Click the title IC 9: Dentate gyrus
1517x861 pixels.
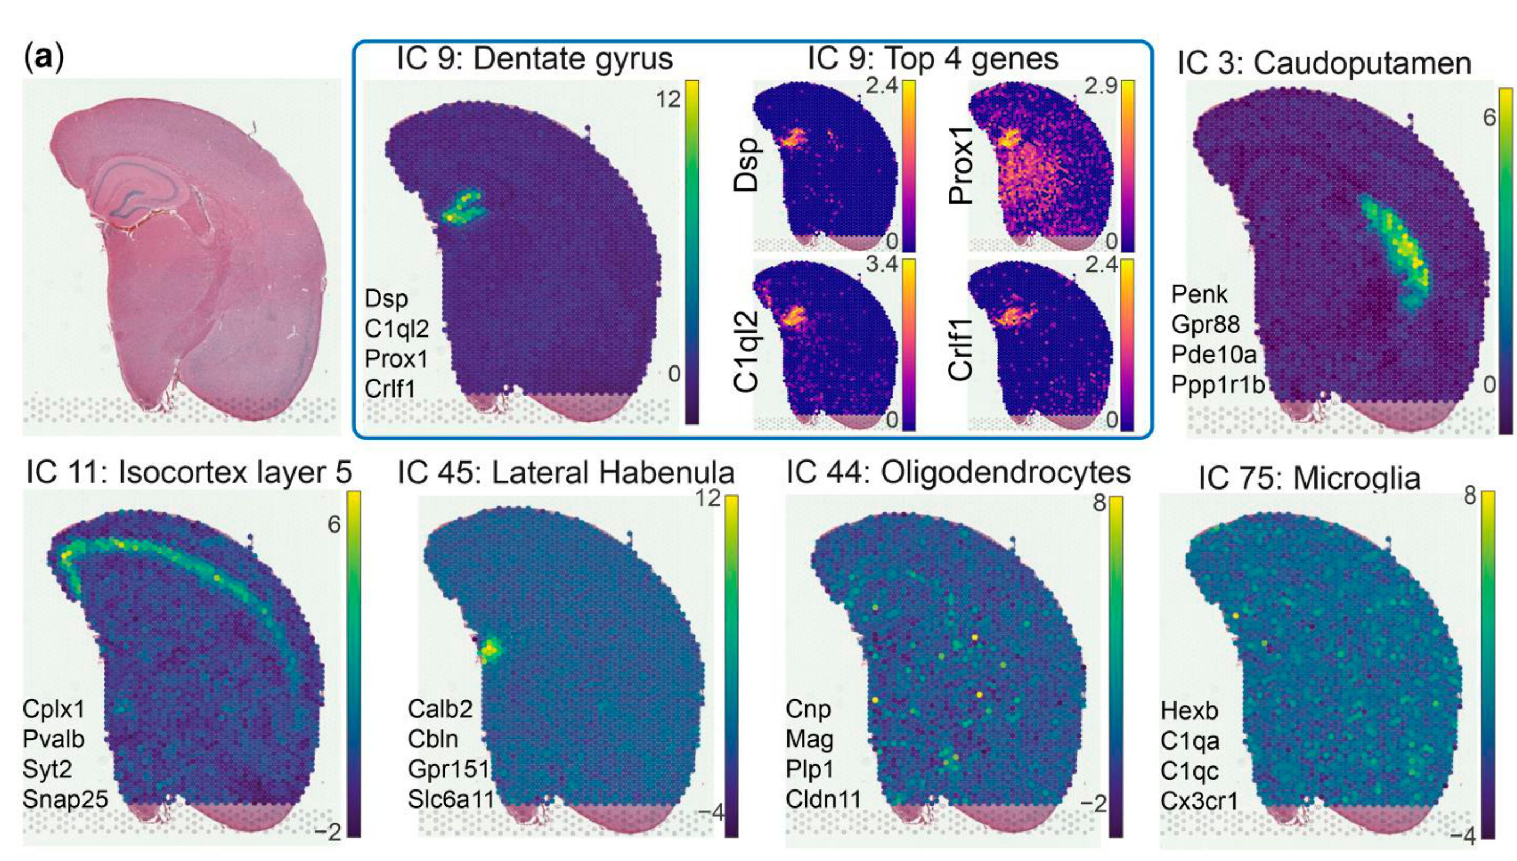tap(534, 59)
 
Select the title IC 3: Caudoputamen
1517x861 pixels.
tap(1324, 63)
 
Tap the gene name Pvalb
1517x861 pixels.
tap(54, 739)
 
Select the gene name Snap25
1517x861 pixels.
tap(66, 799)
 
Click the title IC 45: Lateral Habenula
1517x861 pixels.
tap(566, 473)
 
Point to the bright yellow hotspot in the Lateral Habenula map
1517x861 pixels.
tap(490, 651)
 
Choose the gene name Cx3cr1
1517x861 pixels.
tap(1199, 801)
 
